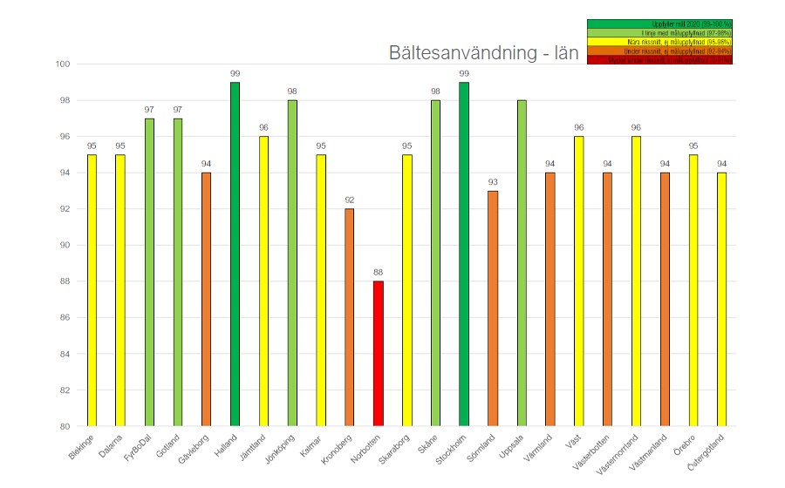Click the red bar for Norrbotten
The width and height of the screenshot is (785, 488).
point(379,353)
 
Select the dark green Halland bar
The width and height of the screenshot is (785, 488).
point(235,254)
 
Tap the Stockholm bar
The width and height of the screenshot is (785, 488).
point(464,254)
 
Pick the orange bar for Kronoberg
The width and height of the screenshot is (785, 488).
point(349,317)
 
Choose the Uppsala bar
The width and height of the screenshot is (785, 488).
point(522,262)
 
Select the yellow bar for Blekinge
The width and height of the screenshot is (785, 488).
point(92,290)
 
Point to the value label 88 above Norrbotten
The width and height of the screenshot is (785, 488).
point(379,273)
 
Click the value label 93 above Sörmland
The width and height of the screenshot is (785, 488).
point(493,182)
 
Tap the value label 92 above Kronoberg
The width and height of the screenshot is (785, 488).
point(349,200)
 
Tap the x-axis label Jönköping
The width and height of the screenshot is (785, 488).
point(280,448)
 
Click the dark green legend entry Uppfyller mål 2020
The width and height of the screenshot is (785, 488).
point(659,24)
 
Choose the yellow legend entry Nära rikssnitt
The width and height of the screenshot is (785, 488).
point(659,42)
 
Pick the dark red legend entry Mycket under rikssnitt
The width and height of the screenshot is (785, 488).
point(659,60)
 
